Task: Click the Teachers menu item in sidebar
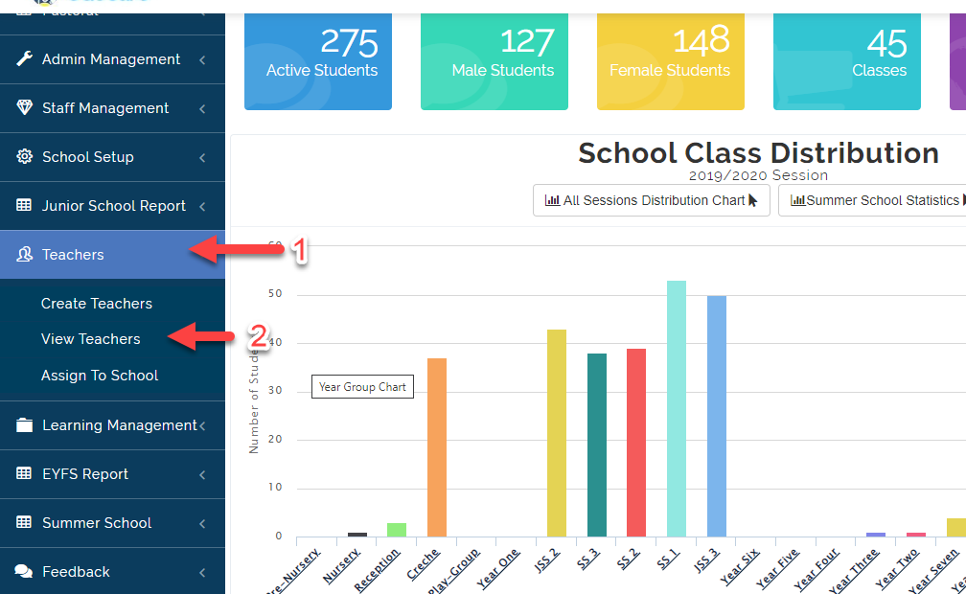[x=73, y=255]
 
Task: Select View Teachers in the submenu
[x=90, y=339]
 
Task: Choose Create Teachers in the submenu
[x=96, y=304]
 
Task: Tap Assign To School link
[x=99, y=376]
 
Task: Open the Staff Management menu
[x=105, y=108]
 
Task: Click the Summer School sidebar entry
[x=97, y=523]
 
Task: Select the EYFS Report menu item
[x=85, y=474]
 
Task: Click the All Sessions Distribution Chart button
[x=651, y=201]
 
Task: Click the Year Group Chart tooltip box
[x=362, y=387]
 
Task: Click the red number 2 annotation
[x=257, y=336]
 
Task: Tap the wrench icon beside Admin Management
[x=25, y=59]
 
